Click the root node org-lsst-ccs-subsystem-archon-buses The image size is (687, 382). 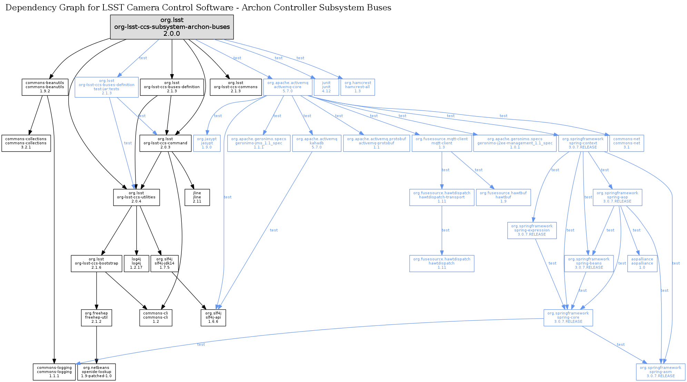172,27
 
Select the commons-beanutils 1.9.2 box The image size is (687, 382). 45,87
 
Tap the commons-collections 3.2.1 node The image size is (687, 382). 26,143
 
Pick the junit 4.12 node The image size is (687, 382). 326,87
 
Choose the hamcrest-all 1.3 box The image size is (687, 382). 357,87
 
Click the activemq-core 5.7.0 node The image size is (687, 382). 288,87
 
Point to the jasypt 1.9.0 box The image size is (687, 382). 207,143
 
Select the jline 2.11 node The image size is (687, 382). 197,197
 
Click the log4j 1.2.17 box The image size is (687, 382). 137,264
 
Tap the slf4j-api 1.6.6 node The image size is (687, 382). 213,318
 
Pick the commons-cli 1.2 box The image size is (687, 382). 156,318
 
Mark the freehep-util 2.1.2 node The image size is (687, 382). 97,318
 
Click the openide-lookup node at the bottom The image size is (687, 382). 97,372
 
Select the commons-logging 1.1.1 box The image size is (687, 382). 54,372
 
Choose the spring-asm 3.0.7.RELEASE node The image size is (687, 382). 660,372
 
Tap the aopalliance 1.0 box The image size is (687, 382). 642,264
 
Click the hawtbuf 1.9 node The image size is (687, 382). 503,197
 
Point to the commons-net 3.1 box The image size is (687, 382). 627,143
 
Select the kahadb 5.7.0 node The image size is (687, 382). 317,143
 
